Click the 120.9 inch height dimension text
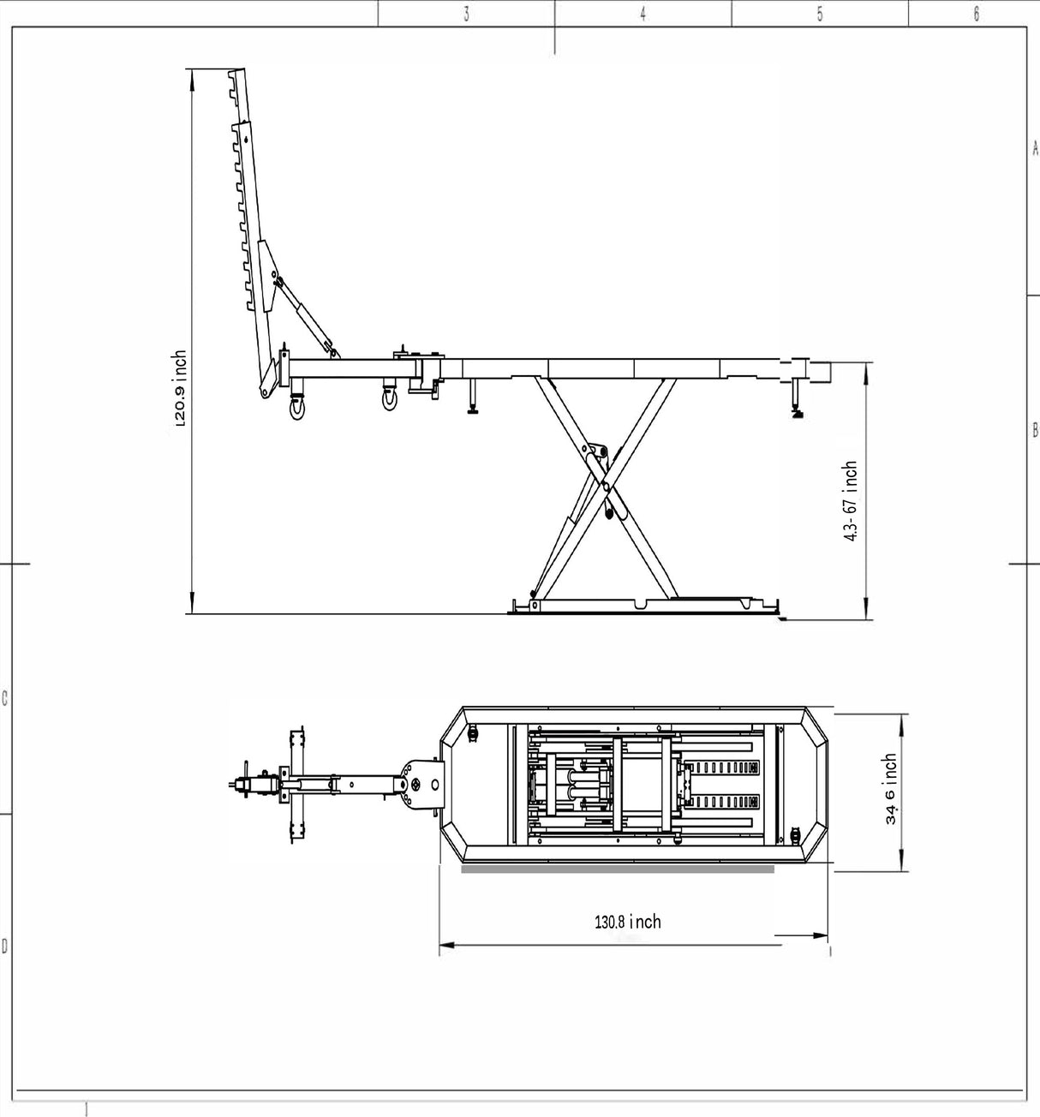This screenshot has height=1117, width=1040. pyautogui.click(x=179, y=389)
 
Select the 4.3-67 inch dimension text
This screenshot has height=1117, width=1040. pyautogui.click(x=850, y=501)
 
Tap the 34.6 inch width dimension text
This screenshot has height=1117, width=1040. pyautogui.click(x=891, y=789)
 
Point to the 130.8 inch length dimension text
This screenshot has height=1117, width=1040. pyautogui.click(x=628, y=922)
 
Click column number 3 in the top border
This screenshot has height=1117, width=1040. pyautogui.click(x=466, y=15)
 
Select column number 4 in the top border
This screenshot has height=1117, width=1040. pyautogui.click(x=643, y=15)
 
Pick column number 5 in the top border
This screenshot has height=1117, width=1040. pyautogui.click(x=819, y=15)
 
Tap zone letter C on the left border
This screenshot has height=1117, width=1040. pyautogui.click(x=5, y=698)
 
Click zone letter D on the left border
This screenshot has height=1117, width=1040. pyautogui.click(x=5, y=947)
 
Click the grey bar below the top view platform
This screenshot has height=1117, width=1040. pyautogui.click(x=617, y=869)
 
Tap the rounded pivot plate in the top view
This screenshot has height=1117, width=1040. pyautogui.click(x=424, y=785)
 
